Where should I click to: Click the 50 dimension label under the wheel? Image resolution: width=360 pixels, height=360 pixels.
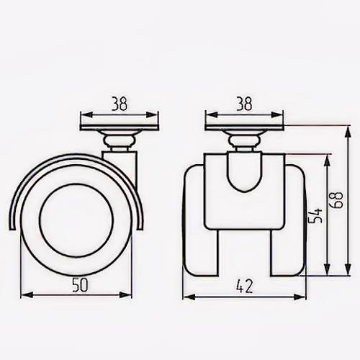81,284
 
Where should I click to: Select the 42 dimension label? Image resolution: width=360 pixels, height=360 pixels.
245,287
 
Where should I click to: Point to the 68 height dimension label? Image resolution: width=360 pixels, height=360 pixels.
336,200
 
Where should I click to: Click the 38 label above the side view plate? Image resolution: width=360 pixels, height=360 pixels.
120,104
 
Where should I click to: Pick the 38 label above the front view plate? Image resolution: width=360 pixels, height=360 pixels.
244,104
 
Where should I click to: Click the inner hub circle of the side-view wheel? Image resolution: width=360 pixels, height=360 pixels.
76,220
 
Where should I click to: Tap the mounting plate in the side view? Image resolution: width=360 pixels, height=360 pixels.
120,127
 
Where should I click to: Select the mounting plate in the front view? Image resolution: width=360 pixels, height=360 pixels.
244,127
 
